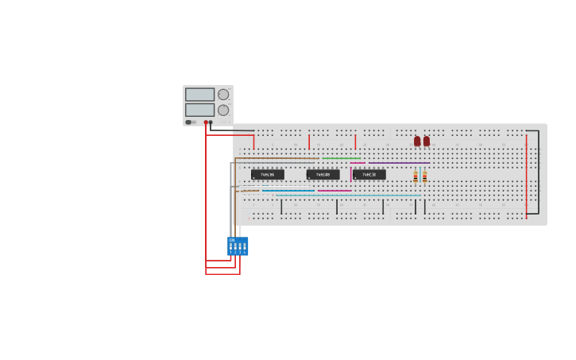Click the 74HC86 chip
point(267,175)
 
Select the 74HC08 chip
point(323,175)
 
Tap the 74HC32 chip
point(369,175)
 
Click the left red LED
point(417,141)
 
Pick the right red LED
point(427,141)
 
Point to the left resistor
point(416,176)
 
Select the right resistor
point(424,176)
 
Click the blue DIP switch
point(238,246)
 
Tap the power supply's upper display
point(199,95)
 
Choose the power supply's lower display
point(199,110)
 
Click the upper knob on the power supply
point(223,95)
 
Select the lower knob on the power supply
point(223,110)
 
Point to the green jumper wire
point(340,158)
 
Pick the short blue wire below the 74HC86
point(288,191)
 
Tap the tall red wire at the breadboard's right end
point(526,175)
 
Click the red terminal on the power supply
point(206,122)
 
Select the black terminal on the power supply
point(211,122)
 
